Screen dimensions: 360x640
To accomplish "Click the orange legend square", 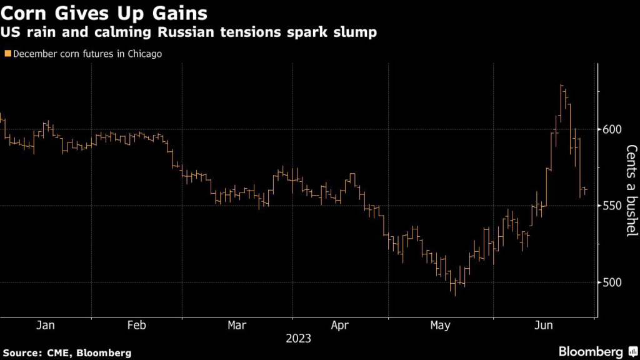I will [x=7, y=54].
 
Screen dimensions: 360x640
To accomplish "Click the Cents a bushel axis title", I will [x=631, y=191].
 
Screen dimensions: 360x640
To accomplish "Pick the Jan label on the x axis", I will [x=46, y=325].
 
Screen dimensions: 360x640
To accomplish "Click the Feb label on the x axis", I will [x=136, y=325].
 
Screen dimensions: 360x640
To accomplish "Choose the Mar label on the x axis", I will [x=237, y=325].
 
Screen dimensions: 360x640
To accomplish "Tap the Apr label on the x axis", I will [x=339, y=325].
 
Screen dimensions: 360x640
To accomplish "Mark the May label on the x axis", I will [x=441, y=325].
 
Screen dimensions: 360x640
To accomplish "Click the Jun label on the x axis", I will [x=546, y=325].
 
